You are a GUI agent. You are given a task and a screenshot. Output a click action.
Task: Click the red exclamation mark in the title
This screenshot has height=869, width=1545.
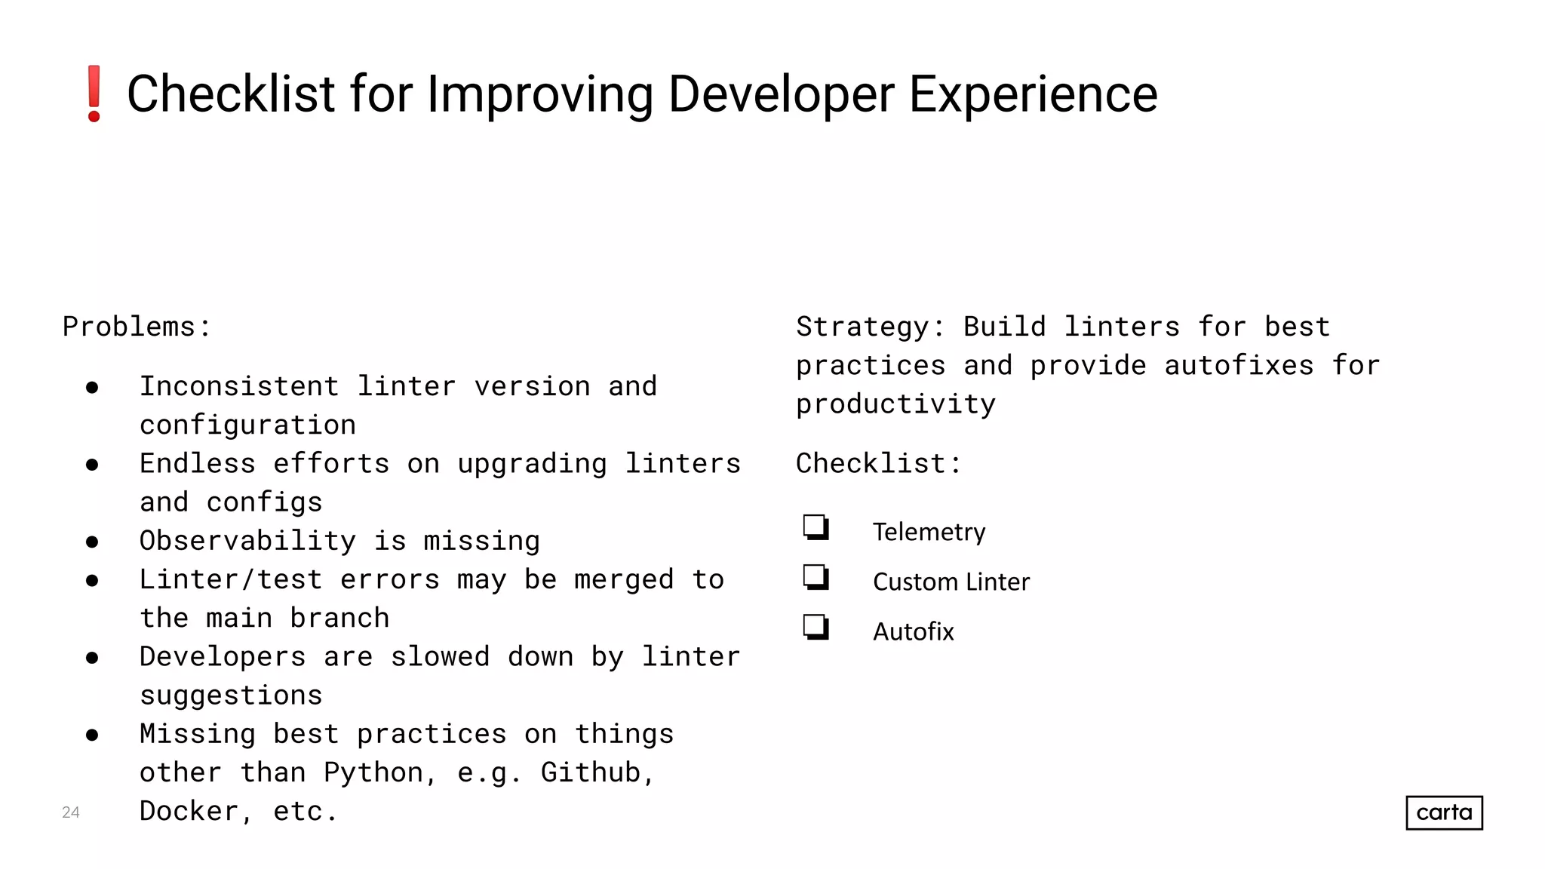94,94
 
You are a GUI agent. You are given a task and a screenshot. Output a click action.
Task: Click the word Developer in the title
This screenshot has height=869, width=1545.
781,95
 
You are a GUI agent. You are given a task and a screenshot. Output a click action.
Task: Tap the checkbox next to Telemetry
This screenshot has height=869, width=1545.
816,527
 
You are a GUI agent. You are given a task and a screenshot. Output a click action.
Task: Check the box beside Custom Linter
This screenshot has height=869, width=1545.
816,577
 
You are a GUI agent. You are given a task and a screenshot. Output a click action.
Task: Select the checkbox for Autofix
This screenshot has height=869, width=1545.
816,627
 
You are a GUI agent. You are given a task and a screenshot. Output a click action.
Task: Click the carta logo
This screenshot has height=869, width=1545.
1444,812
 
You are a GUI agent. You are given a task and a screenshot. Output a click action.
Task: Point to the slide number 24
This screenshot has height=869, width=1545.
70,812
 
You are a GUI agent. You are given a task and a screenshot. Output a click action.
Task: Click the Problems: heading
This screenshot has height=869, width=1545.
137,327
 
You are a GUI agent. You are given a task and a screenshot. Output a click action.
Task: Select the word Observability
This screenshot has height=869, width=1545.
247,541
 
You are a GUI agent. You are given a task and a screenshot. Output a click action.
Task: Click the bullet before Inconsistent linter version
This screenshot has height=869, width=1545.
92,388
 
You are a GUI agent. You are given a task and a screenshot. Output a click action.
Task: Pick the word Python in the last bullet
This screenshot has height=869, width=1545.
373,772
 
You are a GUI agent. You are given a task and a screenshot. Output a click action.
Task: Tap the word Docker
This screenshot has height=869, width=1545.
189,811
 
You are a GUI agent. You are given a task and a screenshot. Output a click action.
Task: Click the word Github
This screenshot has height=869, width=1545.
591,772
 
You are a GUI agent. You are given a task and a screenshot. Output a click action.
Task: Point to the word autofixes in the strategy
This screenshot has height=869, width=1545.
1239,366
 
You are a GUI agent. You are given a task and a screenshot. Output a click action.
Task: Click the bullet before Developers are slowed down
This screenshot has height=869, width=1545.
92,658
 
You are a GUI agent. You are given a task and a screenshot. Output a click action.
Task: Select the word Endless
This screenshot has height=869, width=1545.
198,463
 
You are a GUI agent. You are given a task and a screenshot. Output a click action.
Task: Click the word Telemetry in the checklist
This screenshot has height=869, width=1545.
929,532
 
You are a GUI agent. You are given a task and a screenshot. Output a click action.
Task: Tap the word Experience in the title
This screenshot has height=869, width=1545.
1033,95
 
